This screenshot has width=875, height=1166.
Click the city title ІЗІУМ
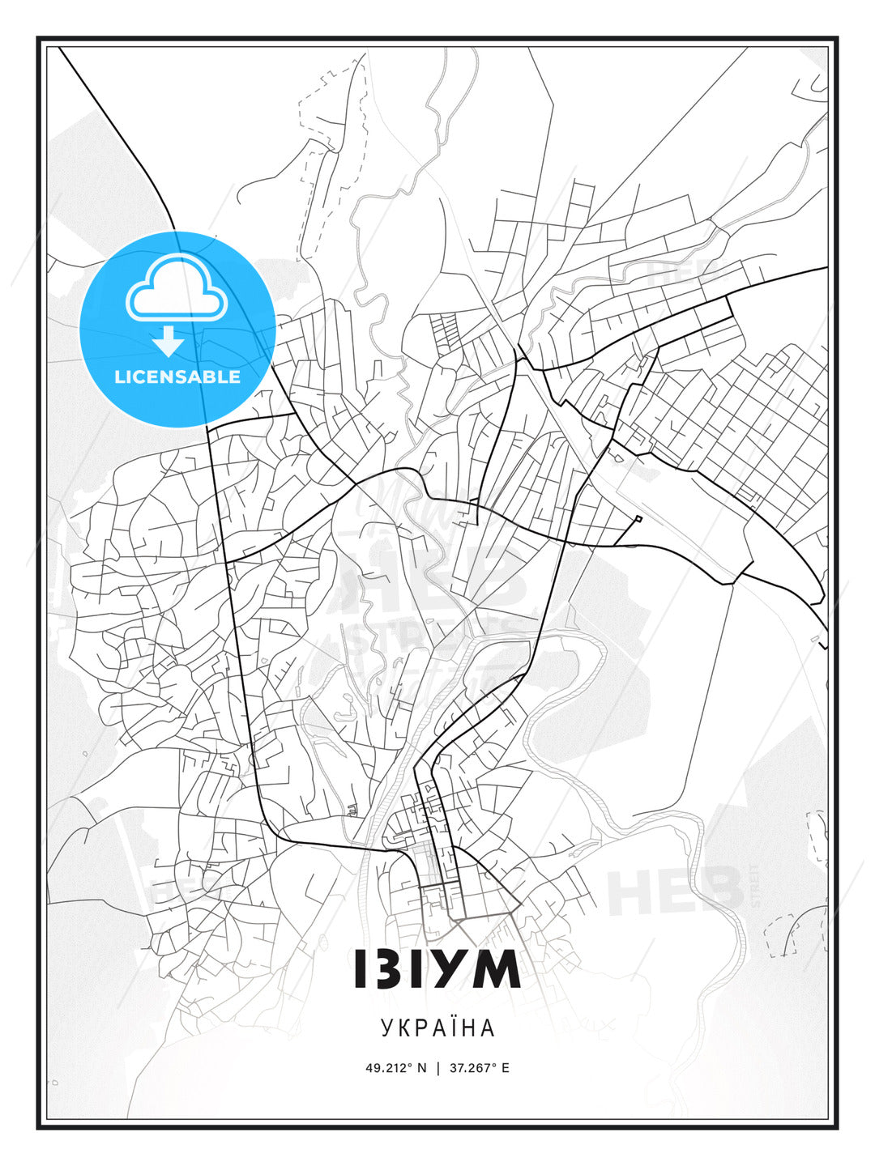pyautogui.click(x=437, y=968)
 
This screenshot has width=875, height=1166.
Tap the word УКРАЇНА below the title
pyautogui.click(x=437, y=1028)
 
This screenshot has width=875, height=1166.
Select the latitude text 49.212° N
pyautogui.click(x=395, y=1068)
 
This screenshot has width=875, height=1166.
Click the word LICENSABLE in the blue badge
pyautogui.click(x=177, y=377)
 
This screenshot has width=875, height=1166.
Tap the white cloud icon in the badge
pyautogui.click(x=176, y=289)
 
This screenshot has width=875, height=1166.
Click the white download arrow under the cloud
pyautogui.click(x=169, y=342)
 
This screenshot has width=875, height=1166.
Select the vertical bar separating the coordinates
pyautogui.click(x=438, y=1068)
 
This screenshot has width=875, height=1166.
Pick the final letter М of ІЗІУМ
pyautogui.click(x=495, y=968)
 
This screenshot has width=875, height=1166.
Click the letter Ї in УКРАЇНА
pyautogui.click(x=454, y=1028)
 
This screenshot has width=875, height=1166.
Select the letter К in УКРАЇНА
pyautogui.click(x=403, y=1028)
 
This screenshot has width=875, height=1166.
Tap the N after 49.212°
pyautogui.click(x=422, y=1068)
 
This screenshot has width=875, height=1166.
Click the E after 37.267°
pyautogui.click(x=506, y=1068)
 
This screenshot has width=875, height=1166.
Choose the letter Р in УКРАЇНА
pyautogui.click(x=420, y=1028)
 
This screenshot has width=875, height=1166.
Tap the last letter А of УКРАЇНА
pyautogui.click(x=488, y=1028)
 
